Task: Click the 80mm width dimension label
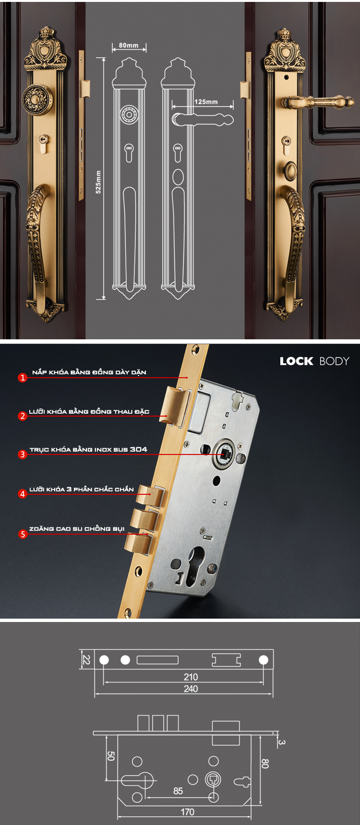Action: (129, 45)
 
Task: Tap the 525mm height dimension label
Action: (98, 182)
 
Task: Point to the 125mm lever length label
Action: (206, 102)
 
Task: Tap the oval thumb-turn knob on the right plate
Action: (291, 170)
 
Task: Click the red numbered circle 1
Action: (23, 378)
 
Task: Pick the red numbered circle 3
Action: (23, 454)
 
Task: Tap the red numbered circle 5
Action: (23, 534)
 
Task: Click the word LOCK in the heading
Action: (296, 361)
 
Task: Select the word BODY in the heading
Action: (334, 361)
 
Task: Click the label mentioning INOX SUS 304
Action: (88, 449)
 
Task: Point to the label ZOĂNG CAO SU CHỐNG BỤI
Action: (77, 528)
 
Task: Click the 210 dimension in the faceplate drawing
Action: (191, 677)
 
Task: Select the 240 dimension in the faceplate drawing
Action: (191, 689)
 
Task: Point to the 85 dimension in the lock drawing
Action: (178, 790)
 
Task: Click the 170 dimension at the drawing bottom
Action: (187, 812)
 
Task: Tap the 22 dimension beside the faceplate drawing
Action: (86, 659)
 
